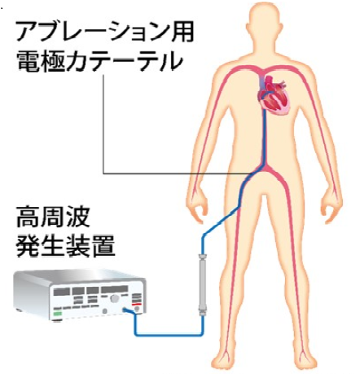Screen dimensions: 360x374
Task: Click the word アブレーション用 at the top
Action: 105,32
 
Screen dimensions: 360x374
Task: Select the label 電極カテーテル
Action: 99,62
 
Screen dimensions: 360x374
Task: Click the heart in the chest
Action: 273,95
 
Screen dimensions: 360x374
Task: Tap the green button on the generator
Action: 58,315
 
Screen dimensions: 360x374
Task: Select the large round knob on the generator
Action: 115,298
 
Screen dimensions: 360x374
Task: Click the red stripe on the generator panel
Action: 136,305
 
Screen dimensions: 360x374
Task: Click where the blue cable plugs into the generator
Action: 125,310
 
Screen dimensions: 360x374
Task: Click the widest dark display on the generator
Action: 115,289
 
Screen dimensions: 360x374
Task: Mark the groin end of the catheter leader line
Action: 254,174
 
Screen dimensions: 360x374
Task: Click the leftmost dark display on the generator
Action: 62,292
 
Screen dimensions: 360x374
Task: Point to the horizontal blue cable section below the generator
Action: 169,334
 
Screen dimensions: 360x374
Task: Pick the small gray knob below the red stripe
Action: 137,309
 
